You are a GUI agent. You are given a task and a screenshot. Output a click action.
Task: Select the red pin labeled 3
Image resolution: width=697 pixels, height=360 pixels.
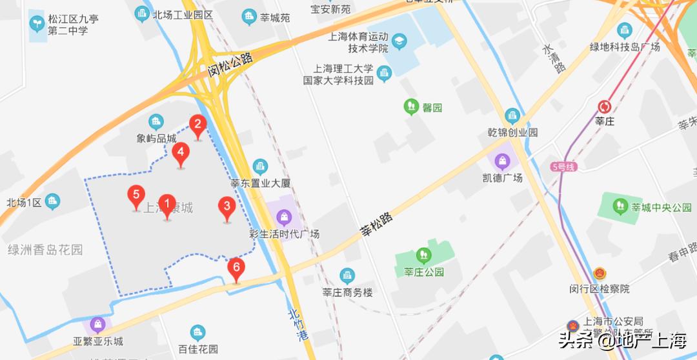(227, 208)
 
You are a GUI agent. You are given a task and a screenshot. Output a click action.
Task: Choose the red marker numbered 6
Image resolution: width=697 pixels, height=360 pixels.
(237, 268)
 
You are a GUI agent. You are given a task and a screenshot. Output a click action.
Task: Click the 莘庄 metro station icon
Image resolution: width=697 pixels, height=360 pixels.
(605, 106)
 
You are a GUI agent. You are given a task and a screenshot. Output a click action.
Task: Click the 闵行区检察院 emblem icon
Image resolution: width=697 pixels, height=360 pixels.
(600, 273)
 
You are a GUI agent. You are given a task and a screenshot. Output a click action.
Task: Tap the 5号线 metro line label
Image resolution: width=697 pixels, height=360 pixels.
(563, 167)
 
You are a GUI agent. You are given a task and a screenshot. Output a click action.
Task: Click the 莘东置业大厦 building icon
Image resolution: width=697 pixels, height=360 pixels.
(260, 167)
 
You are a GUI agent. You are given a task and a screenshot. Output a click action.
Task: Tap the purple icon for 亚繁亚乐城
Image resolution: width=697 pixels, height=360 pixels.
(97, 325)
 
